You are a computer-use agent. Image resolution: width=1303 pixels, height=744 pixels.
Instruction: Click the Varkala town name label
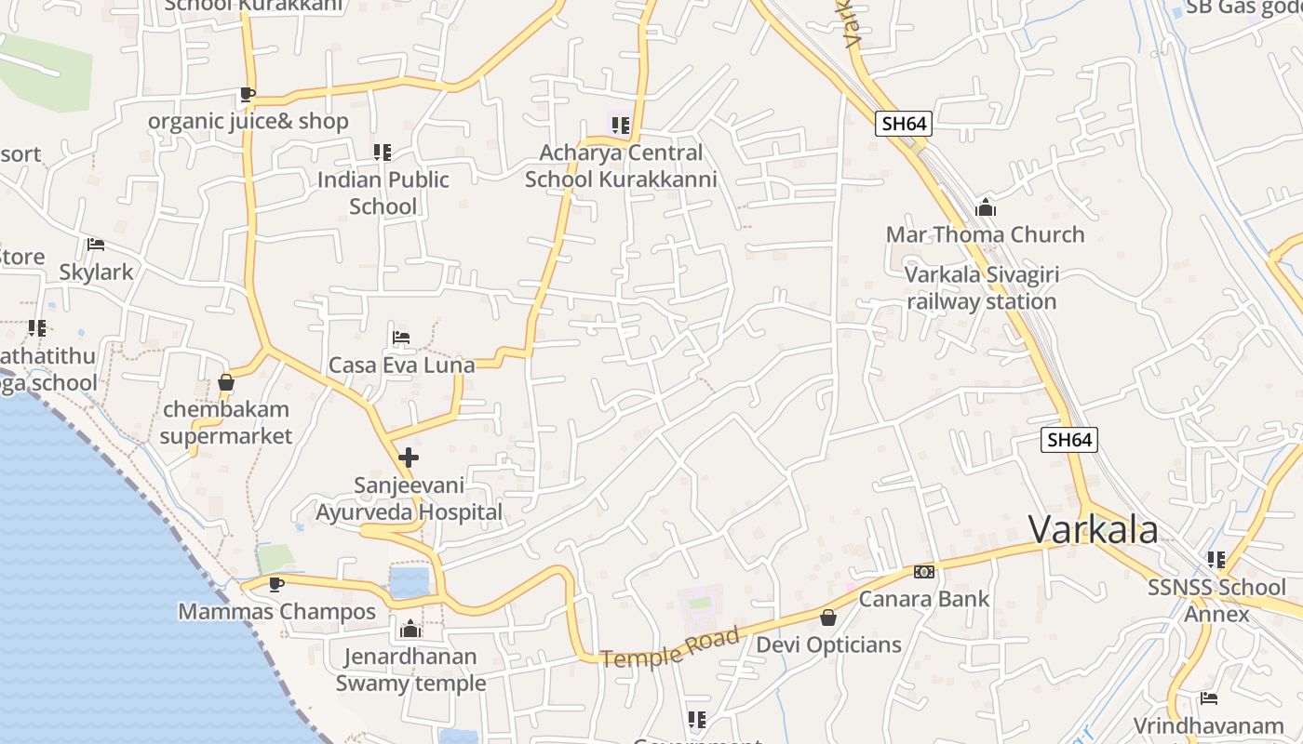pos(1093,530)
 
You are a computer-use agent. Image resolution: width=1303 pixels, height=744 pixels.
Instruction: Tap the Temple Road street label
pos(670,647)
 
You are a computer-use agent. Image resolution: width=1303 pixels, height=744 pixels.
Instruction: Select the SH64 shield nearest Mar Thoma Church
pos(903,124)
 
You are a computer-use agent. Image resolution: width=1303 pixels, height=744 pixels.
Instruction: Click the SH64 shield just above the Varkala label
pos(1068,440)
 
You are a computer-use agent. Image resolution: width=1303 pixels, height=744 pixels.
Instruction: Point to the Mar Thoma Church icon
pos(985,208)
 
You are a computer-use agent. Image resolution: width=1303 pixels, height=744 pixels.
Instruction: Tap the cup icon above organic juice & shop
pos(247,94)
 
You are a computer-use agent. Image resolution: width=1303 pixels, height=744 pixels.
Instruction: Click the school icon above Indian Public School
pos(382,152)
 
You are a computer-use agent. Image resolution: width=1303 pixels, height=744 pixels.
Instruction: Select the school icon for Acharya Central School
pos(621,125)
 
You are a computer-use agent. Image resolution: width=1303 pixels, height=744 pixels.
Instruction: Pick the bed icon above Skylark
pos(95,245)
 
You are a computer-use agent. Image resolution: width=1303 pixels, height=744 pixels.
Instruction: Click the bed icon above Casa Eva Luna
pos(401,337)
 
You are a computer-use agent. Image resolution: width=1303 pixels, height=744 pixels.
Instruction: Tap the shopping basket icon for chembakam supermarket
pos(225,382)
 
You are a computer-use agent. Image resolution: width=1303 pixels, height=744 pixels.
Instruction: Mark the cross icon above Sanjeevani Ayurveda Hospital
pos(408,458)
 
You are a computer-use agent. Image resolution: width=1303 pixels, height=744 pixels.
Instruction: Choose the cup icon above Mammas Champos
pos(275,584)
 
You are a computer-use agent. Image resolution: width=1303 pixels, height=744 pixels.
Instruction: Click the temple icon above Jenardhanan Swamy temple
pos(410,630)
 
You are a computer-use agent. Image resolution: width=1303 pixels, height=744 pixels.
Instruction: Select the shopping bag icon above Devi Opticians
pos(828,618)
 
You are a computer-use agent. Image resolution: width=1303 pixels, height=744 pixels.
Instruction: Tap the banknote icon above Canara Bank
pos(923,571)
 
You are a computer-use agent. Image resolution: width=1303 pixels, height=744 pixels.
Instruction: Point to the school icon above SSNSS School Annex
pos(1216,560)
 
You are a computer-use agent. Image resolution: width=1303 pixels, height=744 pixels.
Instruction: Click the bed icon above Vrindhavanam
pos(1208,698)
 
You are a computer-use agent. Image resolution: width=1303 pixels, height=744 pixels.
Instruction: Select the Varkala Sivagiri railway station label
pos(981,288)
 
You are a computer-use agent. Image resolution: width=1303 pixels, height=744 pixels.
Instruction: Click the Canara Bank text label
pos(923,599)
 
